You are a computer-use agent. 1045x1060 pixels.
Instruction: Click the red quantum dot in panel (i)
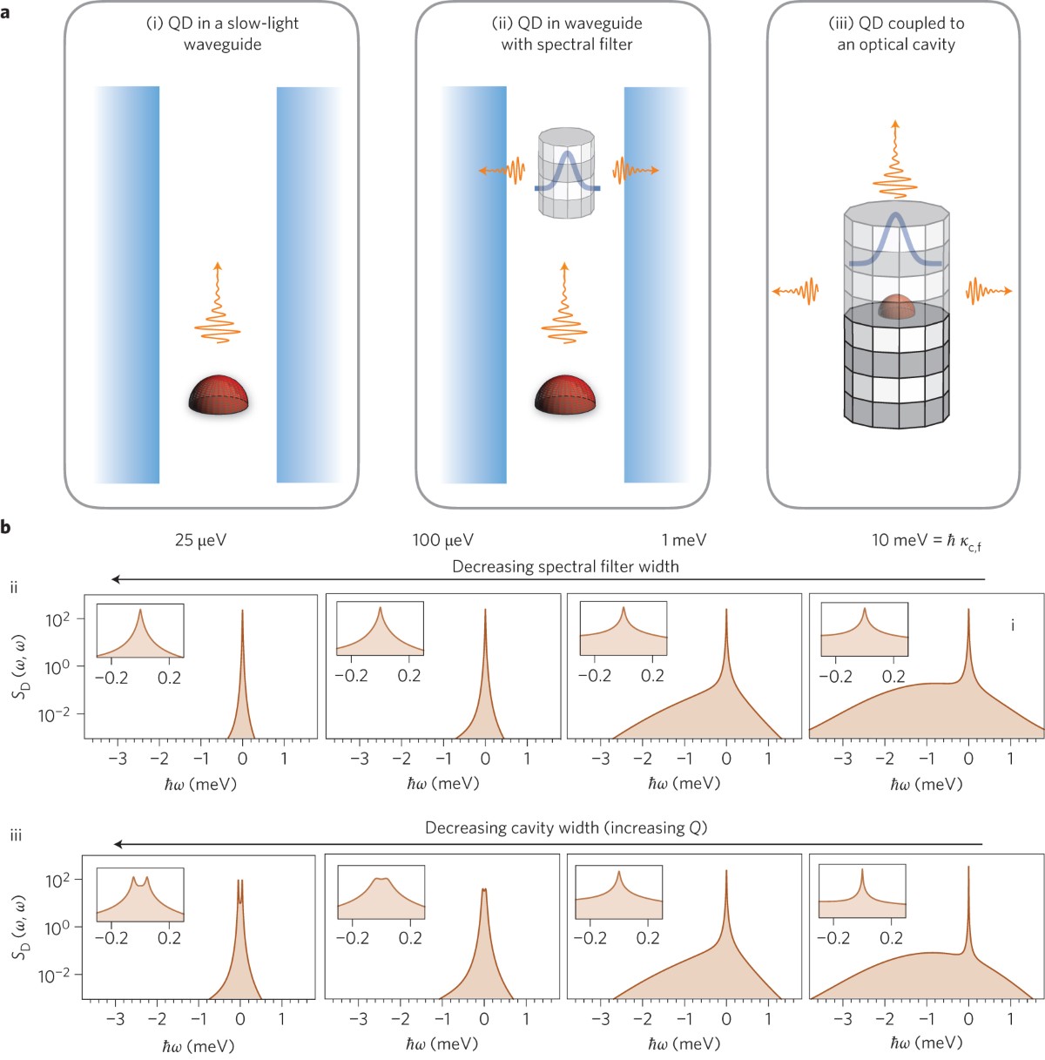[219, 395]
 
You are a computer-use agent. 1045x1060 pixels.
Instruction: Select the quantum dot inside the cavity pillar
[896, 307]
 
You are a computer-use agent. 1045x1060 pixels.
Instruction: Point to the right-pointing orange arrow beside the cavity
[989, 290]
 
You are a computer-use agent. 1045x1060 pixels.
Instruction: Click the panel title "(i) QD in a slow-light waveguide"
[222, 33]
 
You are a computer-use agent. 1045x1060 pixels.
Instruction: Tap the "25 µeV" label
[200, 540]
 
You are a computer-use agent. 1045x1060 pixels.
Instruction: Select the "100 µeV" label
[443, 540]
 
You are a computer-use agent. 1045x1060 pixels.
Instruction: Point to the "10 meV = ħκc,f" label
[927, 541]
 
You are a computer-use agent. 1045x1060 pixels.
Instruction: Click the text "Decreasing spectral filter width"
[565, 567]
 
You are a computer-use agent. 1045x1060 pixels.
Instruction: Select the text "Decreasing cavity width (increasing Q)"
[566, 827]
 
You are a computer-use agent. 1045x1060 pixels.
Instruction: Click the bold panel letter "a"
[7, 12]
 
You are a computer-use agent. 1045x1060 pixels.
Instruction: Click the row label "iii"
[16, 835]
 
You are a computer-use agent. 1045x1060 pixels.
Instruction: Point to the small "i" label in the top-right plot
[1012, 625]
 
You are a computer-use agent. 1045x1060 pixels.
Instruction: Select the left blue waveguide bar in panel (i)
[127, 284]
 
